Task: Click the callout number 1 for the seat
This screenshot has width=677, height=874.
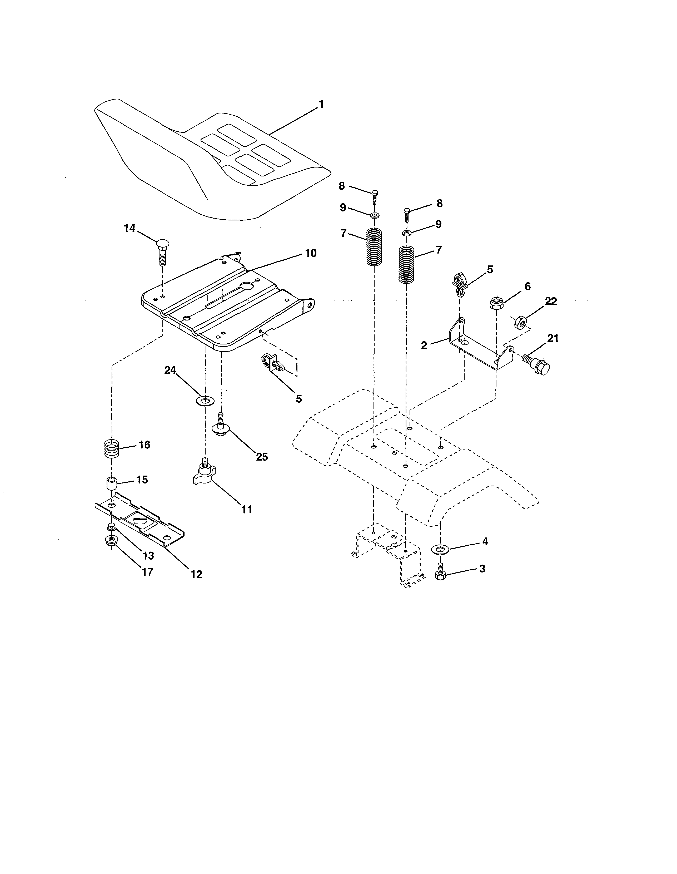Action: [321, 105]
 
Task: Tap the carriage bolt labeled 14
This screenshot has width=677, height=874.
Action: [162, 251]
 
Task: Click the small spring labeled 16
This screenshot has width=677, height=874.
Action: [112, 449]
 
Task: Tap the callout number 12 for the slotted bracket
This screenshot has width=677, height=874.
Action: [196, 574]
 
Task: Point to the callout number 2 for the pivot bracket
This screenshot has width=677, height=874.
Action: [424, 345]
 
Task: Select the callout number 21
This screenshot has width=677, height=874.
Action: [552, 339]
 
